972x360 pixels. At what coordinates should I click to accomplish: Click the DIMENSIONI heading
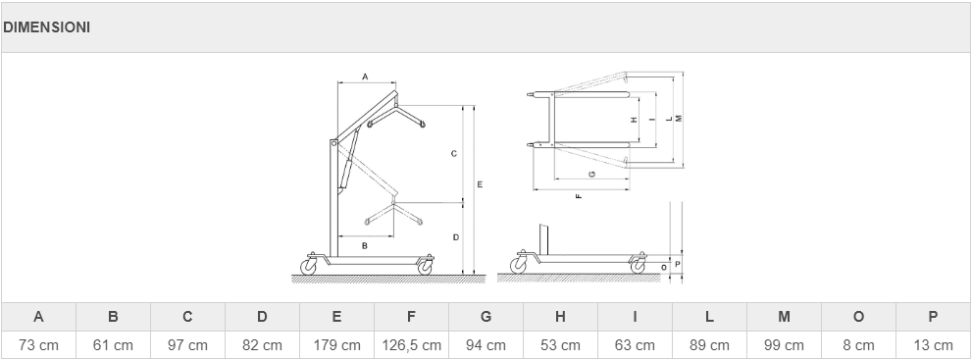tap(46, 27)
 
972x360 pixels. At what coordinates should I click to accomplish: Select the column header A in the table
tap(38, 317)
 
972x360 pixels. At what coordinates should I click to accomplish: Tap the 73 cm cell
tap(38, 345)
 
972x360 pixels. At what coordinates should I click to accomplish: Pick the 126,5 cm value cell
tap(411, 345)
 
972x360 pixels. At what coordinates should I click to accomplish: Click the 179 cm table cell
tap(336, 345)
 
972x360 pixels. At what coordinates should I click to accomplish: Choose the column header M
tap(784, 317)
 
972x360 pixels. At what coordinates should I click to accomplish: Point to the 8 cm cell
tap(858, 345)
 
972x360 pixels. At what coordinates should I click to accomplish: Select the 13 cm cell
tap(933, 345)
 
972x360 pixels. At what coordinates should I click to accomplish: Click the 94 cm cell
tap(486, 345)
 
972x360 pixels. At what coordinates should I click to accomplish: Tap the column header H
tap(560, 317)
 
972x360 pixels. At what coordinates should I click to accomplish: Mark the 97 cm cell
tap(187, 345)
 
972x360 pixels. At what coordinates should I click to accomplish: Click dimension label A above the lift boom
tap(365, 77)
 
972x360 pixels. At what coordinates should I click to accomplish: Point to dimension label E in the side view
tap(480, 184)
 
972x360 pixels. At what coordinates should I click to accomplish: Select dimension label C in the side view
tap(454, 154)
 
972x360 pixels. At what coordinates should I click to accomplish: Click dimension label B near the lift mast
tap(365, 246)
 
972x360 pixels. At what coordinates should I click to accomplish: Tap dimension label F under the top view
tap(579, 196)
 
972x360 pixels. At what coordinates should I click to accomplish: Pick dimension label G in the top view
tap(592, 174)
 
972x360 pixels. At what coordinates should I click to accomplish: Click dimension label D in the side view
tap(456, 237)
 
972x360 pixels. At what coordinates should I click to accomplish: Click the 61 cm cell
tap(113, 345)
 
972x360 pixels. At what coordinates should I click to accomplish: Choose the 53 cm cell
tap(560, 345)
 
